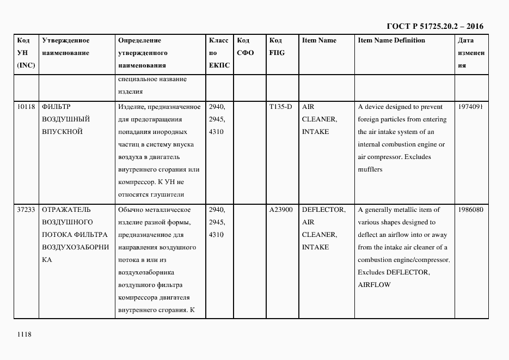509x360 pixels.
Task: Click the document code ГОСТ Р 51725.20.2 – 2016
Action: [434, 26]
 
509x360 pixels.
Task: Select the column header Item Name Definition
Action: [391, 40]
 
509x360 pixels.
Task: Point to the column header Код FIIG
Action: [277, 47]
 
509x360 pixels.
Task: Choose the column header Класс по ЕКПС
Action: [219, 53]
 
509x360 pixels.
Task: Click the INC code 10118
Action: [26, 107]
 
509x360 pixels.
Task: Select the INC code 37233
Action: [26, 210]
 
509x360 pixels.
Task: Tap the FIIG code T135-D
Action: [280, 107]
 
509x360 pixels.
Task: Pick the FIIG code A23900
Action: [281, 210]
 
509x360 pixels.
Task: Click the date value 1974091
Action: [471, 107]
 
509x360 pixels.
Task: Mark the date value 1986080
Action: [471, 210]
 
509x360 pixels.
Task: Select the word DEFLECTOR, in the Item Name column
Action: [323, 210]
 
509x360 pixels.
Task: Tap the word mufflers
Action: [370, 169]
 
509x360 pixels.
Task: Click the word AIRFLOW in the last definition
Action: [374, 285]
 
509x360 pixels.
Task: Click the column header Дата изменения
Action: [470, 53]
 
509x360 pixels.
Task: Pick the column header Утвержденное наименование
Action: [66, 47]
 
